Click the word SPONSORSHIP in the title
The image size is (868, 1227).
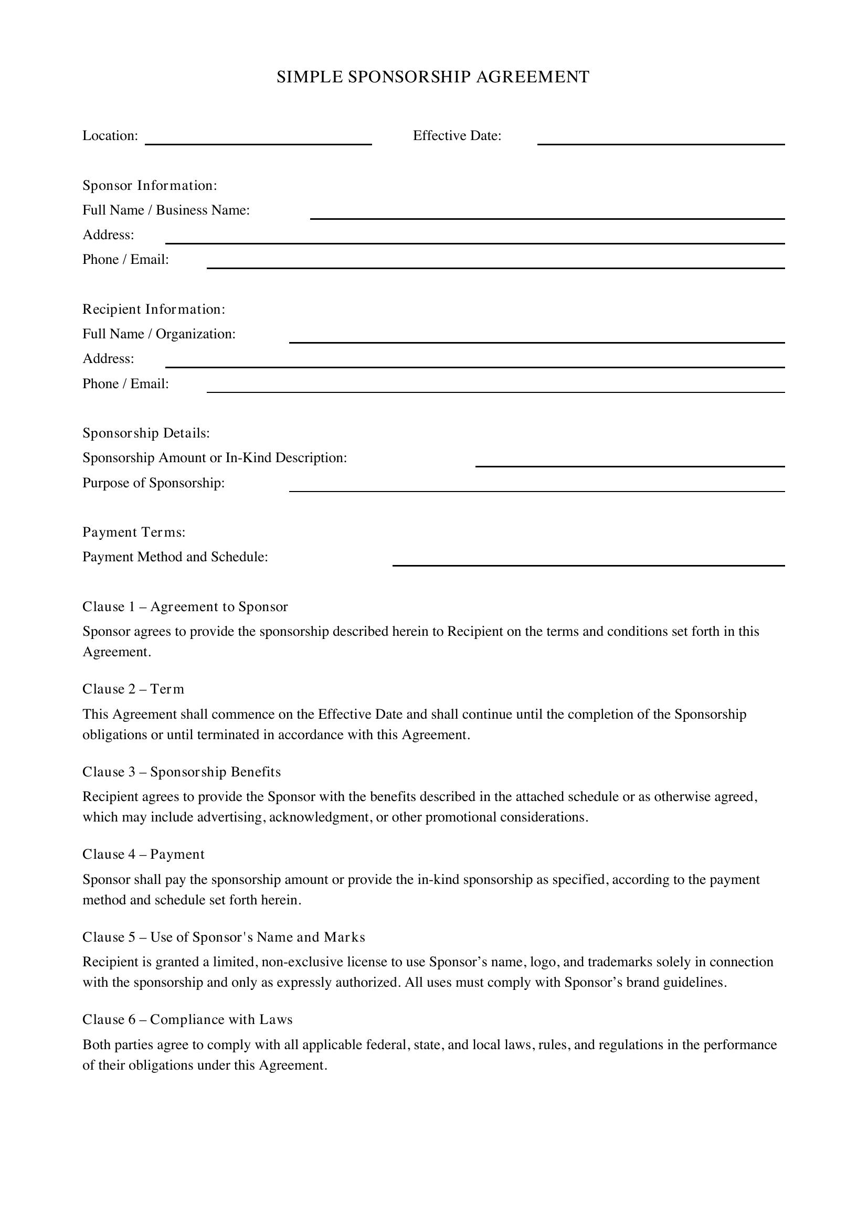coord(409,77)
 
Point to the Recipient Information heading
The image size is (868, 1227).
coord(154,310)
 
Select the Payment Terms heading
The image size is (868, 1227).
coord(134,532)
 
